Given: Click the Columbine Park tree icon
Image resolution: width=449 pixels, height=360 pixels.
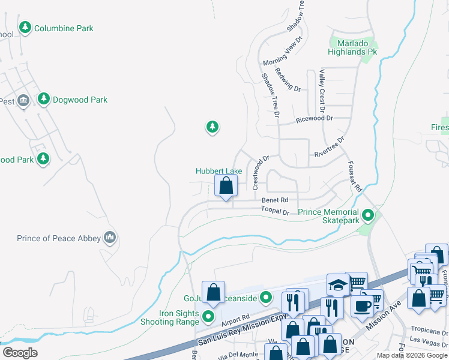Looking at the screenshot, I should point(25,28).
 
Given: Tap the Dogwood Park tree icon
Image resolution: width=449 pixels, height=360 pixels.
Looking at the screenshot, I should point(43,99).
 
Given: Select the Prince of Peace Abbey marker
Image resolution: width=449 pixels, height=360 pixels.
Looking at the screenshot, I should point(109,238).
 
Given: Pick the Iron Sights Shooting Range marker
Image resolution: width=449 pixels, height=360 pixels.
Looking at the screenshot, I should point(208,316).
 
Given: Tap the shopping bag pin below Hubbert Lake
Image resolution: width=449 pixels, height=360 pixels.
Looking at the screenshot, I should point(226,186).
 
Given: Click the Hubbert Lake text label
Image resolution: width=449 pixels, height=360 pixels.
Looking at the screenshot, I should point(218,171).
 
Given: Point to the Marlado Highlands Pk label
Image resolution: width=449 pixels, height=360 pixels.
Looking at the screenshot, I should point(352,52).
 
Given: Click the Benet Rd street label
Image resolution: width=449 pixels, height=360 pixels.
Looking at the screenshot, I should point(275,200).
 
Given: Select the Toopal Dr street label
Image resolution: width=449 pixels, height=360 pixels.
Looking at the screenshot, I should point(275,211).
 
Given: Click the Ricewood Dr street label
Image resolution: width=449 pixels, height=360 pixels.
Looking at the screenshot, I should point(314,119).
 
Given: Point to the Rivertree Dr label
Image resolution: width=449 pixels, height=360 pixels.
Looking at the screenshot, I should point(330,148).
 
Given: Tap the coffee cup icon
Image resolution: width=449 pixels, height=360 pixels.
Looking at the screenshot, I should point(363,305).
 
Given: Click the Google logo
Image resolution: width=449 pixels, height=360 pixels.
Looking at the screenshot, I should point(20,353).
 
